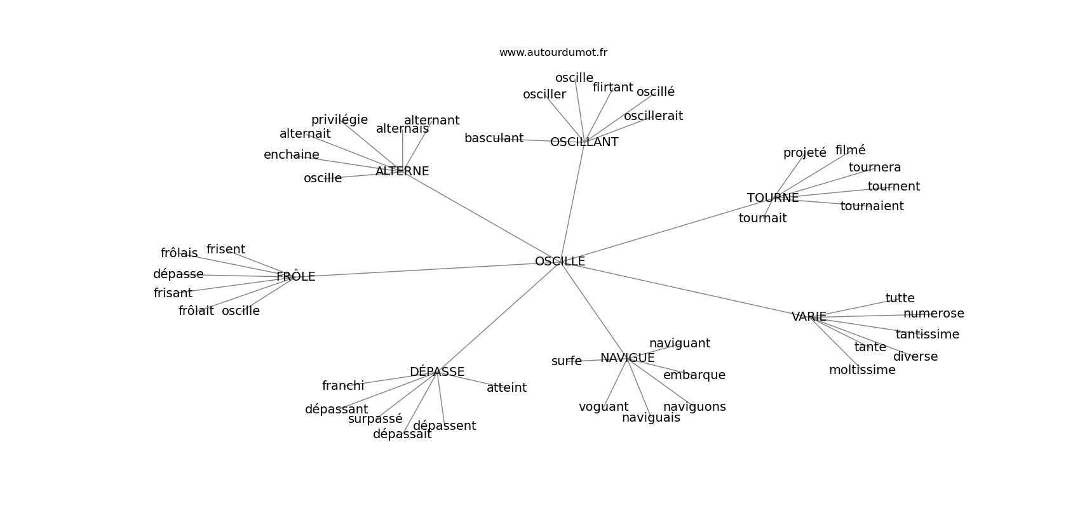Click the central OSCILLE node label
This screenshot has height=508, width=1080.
pos(560,262)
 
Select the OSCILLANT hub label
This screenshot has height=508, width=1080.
pos(584,142)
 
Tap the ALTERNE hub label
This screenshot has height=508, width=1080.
pos(402,171)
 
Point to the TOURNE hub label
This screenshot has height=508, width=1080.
pos(773,198)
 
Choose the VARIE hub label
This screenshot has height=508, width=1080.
pos(809,317)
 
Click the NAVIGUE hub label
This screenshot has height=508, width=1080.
pos(627,358)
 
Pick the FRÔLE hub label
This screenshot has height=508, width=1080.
pos(296,277)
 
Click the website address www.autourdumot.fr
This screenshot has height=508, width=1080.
pos(553,53)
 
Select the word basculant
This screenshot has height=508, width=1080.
pos(494,138)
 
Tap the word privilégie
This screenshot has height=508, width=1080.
pos(339,120)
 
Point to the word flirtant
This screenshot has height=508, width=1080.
pos(612,88)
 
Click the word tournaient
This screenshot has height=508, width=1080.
pos(872,206)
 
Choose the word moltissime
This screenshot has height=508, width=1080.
pos(862,370)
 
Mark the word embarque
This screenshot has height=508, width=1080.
pos(694,375)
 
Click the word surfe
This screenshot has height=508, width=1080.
pos(566,361)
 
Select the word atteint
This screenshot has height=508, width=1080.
pos(506,388)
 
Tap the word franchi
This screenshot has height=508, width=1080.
pos(343,386)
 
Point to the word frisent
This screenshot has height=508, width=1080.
pos(226,250)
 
